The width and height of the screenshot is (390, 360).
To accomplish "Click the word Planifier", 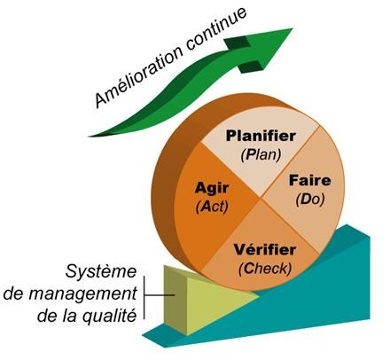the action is pos(261,137).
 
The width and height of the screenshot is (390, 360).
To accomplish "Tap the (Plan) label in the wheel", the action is pos(261,155).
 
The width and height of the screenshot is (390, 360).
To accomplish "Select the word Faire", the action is pos(310,181).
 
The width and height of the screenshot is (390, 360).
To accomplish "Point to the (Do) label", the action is pos(310,200).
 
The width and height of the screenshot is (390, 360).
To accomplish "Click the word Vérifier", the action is pos(265,250).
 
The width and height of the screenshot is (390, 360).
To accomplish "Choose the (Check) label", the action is pos(265,269).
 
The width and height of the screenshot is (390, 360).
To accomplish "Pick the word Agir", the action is pos(212,189).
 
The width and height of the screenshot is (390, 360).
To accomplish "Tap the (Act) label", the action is pos(212,207).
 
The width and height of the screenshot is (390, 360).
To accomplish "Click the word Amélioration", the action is pos(139,74).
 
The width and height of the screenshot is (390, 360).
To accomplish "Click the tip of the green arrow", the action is pos(292,28).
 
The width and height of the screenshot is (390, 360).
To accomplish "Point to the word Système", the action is pos(101,271).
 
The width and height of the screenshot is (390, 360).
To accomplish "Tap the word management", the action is pos(82,294).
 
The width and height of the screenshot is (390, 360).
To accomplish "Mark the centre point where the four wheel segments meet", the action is pos(261,198).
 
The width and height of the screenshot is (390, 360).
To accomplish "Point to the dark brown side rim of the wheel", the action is pos(166,189).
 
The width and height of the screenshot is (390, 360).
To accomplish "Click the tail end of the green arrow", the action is pos(90,137).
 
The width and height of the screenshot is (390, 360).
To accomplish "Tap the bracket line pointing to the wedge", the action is pos(144,297).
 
